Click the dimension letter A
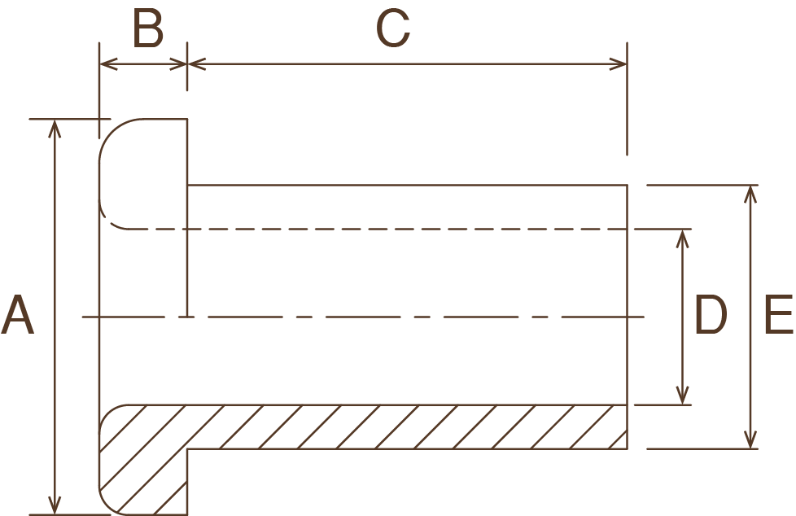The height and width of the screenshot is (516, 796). point(17,316)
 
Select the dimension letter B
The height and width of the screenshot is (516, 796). point(147,31)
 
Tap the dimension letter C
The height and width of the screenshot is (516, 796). point(393,31)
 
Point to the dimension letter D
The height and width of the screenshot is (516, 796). point(710,316)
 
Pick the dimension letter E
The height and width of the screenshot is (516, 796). point(778,316)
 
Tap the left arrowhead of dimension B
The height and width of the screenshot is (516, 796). point(106,64)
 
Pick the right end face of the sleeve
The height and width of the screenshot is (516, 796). point(628,317)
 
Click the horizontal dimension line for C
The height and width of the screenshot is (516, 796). point(407,64)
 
